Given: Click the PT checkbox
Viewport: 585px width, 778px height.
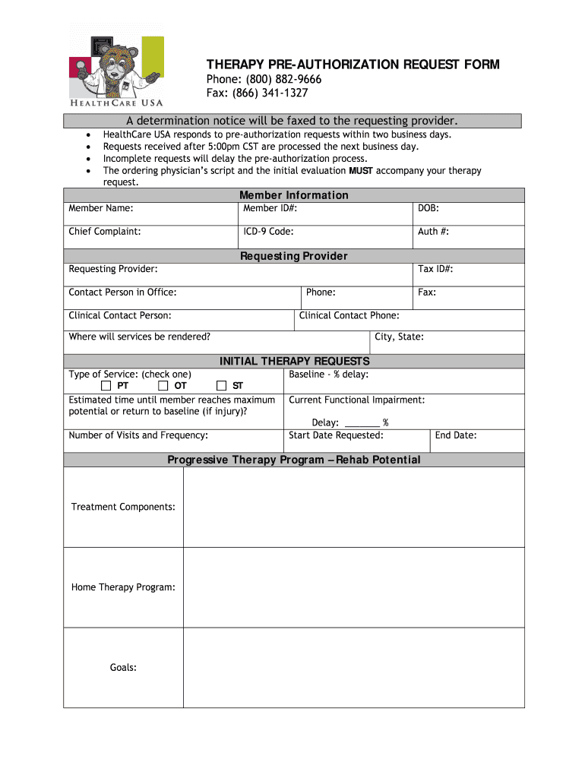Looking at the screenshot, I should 106,386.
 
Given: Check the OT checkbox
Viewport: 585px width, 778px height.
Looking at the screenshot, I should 163,386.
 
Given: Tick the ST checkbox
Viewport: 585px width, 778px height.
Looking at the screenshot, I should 222,386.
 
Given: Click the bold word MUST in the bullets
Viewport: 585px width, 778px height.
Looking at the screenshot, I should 361,171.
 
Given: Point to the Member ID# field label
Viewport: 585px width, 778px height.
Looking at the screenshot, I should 270,208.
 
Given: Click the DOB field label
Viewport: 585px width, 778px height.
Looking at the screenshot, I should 428,208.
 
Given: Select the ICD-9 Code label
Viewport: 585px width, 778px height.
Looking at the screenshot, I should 268,232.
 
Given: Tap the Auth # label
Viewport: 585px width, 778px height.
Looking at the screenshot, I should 433,232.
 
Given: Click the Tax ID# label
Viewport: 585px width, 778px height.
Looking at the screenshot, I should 435,269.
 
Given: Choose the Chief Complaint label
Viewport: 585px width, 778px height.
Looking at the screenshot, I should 104,232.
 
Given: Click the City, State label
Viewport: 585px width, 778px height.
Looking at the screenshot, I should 399,337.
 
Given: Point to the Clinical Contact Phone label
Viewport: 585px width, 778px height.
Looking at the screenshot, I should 349,315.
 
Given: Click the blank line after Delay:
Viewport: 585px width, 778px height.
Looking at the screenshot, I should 362,423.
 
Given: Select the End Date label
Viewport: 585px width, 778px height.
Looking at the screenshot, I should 456,435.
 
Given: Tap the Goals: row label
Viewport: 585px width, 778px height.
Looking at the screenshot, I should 123,668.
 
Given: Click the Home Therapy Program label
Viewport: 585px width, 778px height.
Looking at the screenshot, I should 123,587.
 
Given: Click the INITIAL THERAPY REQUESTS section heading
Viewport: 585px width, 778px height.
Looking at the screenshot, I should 294,361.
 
